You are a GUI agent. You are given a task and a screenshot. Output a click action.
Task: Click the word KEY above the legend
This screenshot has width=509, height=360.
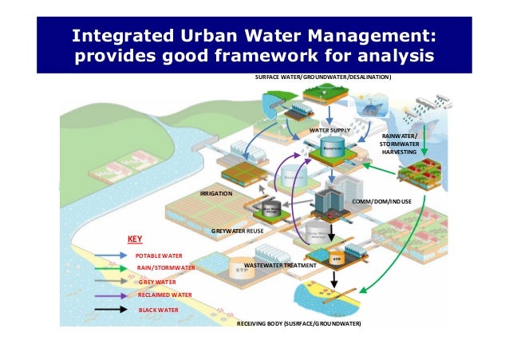click(x=135, y=239)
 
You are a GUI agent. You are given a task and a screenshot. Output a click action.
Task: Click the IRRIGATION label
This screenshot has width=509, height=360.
click(x=215, y=194)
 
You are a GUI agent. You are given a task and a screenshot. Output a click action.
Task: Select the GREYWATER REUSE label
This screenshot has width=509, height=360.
click(x=237, y=230)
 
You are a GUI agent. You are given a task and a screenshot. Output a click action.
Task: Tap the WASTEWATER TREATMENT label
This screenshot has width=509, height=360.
click(x=280, y=264)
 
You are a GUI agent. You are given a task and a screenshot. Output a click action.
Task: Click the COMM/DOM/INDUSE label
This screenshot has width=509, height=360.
click(x=381, y=203)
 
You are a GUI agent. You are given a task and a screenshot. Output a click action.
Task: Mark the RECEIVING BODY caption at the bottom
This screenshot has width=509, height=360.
click(x=299, y=325)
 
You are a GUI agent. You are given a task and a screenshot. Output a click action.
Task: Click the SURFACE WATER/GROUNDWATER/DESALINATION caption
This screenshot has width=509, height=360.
click(x=322, y=77)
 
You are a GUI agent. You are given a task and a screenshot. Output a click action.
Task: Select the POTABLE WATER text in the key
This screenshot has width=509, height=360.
click(x=160, y=255)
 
